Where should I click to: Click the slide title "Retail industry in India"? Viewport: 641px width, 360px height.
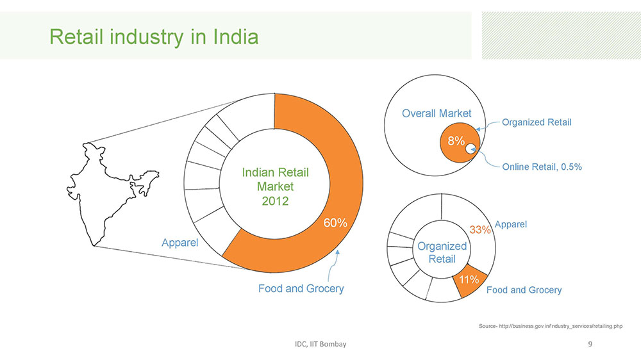(x=154, y=37)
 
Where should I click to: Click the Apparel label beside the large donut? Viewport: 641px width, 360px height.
(x=179, y=243)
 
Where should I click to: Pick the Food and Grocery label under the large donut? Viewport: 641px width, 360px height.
(x=301, y=289)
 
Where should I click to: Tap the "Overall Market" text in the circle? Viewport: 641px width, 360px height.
(x=437, y=113)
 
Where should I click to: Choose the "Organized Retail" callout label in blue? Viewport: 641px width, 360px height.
(x=537, y=122)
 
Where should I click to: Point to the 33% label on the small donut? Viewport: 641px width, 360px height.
(x=481, y=229)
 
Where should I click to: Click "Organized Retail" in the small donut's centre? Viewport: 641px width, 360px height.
(x=442, y=252)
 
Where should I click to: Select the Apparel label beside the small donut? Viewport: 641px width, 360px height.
(x=512, y=224)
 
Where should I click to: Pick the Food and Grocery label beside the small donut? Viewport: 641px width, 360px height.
(x=524, y=290)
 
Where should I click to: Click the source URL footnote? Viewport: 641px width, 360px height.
(x=551, y=327)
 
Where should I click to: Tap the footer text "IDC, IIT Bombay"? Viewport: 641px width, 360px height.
(x=316, y=345)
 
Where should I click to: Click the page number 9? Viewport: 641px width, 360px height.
(x=590, y=345)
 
